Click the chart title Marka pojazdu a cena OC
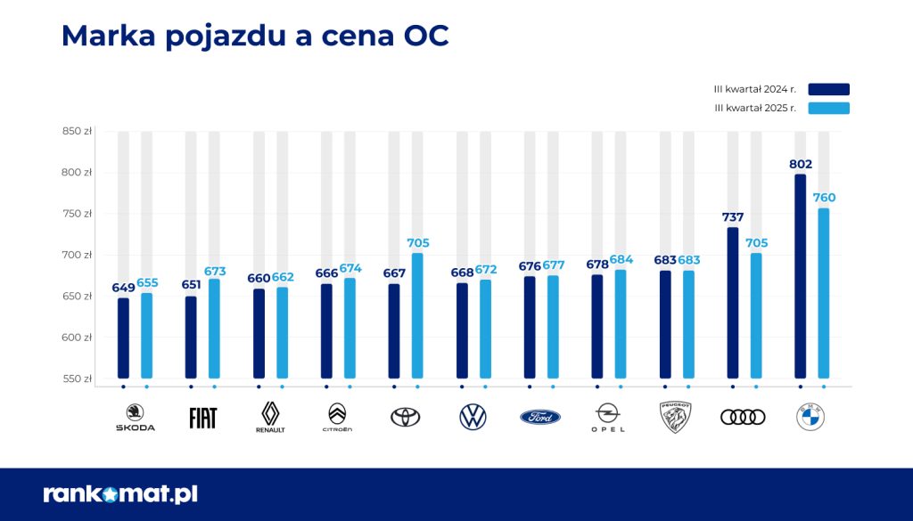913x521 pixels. [254, 35]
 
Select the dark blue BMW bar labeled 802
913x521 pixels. [800, 276]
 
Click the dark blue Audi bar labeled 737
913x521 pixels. [732, 303]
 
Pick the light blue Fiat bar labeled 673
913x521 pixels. [214, 329]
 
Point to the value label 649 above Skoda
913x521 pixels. [123, 288]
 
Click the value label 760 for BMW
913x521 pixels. [824, 198]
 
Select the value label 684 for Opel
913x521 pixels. [621, 259]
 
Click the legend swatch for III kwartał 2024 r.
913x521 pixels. [828, 89]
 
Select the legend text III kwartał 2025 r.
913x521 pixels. [756, 109]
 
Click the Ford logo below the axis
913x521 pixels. [540, 417]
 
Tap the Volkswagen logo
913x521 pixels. [473, 416]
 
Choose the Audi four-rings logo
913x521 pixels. [743, 417]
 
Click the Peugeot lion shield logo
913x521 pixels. [676, 417]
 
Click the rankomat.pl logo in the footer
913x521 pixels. [120, 493]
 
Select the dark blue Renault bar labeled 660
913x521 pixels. [259, 333]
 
